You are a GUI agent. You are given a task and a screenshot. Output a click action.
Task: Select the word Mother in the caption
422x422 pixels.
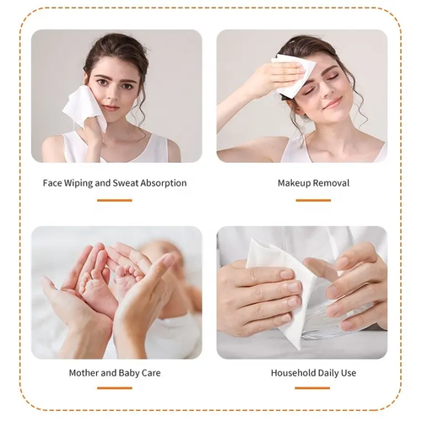coord(85,372)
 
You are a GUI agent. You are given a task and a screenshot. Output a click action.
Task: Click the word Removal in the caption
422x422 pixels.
coord(333,183)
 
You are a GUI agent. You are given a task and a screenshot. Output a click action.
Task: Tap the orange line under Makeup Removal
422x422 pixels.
coord(313,200)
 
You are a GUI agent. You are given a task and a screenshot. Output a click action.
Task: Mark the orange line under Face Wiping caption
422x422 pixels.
coord(114,200)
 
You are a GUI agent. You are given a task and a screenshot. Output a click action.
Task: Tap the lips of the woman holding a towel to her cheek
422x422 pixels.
coord(109,107)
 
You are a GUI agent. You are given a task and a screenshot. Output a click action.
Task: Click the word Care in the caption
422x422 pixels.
coord(151,372)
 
